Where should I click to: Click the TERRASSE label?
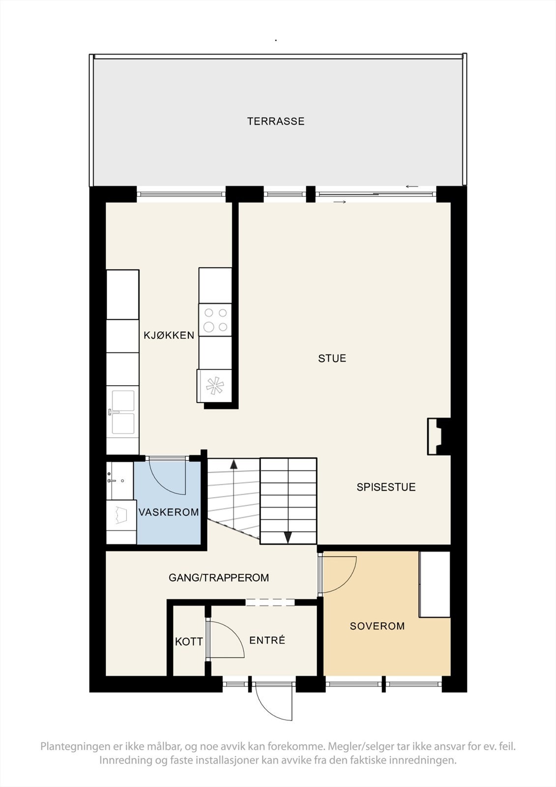tap(276, 121)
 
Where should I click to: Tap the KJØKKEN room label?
tap(169, 335)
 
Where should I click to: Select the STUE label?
tap(332, 359)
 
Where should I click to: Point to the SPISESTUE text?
tap(386, 487)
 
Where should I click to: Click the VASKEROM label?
tap(169, 512)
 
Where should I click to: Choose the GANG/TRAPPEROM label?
tap(219, 577)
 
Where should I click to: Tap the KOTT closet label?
tap(189, 642)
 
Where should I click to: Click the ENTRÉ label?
tap(267, 640)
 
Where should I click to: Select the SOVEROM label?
tap(377, 626)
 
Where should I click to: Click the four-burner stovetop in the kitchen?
tap(215, 320)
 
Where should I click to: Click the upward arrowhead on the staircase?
tap(233, 464)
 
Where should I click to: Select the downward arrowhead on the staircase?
tap(288, 538)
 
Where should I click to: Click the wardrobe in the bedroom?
tap(435, 584)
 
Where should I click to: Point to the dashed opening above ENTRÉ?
tap(270, 603)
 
